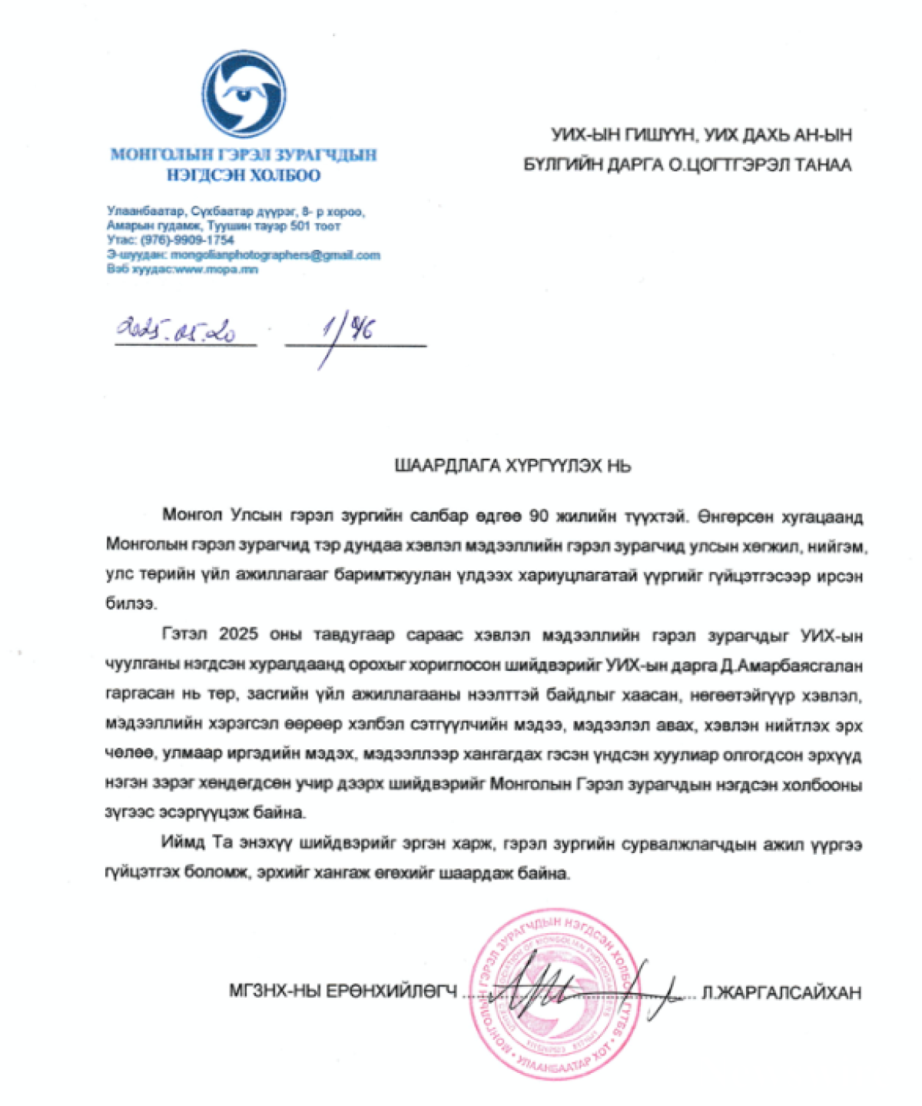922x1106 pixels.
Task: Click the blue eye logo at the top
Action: point(244,94)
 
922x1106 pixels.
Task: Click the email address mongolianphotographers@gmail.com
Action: point(275,255)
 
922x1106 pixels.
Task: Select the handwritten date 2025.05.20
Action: point(176,330)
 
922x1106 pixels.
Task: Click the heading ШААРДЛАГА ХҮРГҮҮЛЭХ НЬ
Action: point(512,466)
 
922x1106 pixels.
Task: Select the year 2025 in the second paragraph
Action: point(238,635)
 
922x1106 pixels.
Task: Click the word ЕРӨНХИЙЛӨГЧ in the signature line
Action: point(392,991)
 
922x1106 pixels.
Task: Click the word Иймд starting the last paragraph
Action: point(184,842)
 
